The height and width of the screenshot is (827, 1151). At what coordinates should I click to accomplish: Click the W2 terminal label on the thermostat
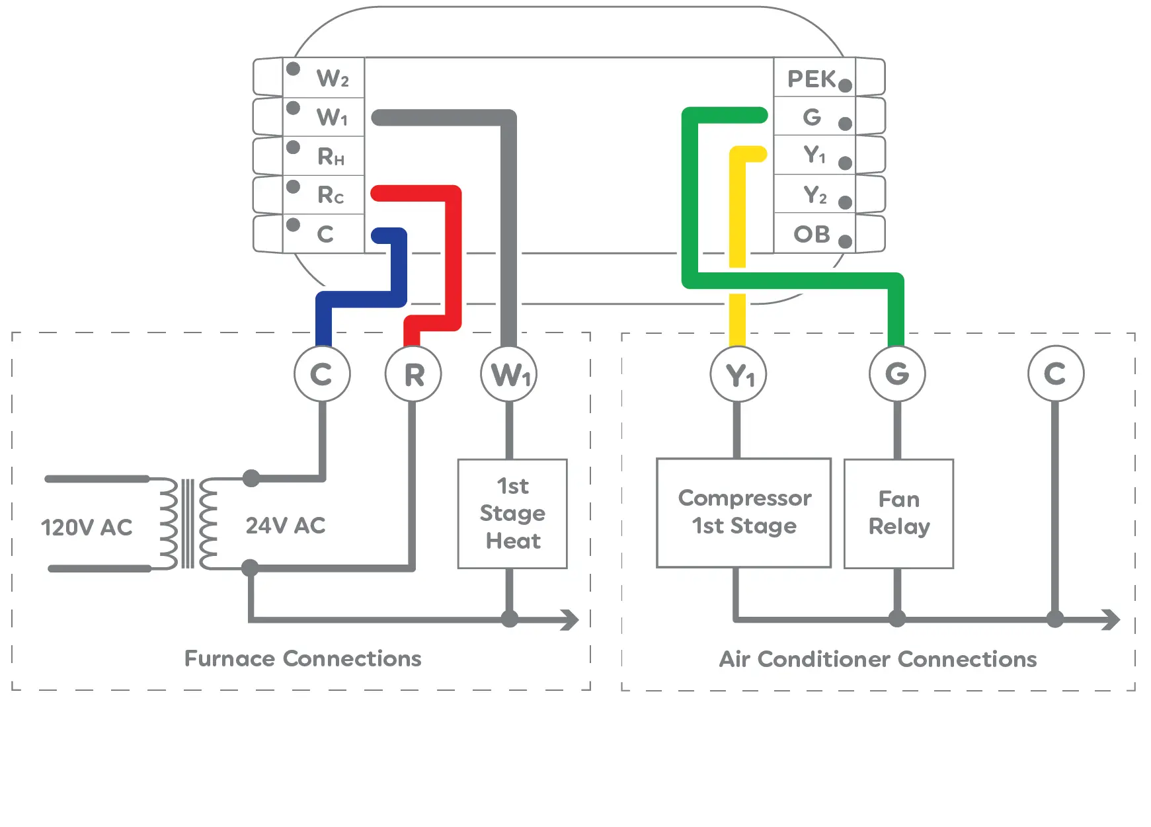tap(332, 79)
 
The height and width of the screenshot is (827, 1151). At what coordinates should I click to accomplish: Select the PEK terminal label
tap(811, 79)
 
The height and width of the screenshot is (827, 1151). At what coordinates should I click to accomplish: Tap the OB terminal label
tap(812, 234)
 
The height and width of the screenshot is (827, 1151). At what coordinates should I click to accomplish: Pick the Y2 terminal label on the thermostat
tap(814, 195)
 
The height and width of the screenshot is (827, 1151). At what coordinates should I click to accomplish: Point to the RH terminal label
tap(331, 157)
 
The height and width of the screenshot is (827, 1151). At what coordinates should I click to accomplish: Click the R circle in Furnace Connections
tap(413, 374)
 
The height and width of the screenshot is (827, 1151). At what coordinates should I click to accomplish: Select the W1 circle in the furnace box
tap(509, 374)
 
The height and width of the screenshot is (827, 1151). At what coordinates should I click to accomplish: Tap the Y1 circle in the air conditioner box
tap(738, 375)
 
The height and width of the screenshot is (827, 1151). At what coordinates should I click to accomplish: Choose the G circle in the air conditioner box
tap(897, 374)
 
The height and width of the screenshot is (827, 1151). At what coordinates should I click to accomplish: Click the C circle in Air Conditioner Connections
tap(1055, 374)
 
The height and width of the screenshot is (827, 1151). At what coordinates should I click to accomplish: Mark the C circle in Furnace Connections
tap(322, 374)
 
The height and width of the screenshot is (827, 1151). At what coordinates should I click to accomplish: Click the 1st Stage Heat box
tap(512, 514)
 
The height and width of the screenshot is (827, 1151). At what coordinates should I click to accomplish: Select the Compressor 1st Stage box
tap(744, 512)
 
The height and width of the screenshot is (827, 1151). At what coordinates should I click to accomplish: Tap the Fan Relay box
tap(898, 513)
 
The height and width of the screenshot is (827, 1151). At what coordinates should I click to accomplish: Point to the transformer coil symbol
tap(188, 524)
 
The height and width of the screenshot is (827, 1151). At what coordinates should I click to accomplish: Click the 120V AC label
tap(87, 528)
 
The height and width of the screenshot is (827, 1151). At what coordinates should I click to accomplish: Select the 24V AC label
tap(286, 526)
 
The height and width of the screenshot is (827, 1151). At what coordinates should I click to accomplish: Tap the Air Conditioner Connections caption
tap(877, 659)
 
